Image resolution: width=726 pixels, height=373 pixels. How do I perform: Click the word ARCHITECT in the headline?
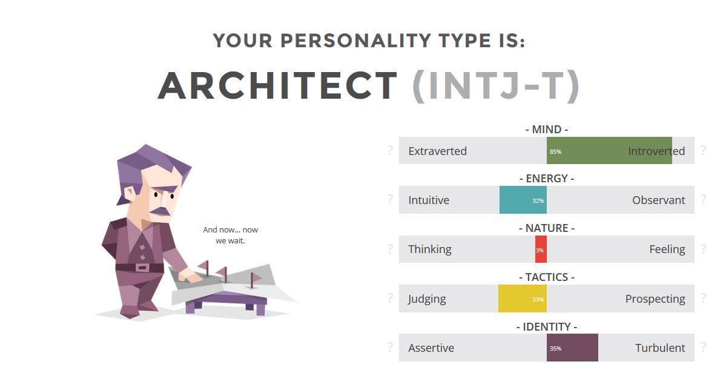coord(277,85)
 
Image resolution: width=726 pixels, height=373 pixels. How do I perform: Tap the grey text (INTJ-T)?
coord(496,86)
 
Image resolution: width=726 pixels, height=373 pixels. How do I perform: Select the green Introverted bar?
coord(609,150)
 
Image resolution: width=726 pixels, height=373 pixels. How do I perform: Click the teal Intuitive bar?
coord(523,200)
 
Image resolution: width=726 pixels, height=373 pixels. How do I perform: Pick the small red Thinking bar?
coord(541,249)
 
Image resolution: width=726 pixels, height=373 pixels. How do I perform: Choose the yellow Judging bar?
coord(523,299)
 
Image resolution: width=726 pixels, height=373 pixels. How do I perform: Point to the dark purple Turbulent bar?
coord(572,348)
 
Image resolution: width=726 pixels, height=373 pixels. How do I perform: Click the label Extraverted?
coord(438,151)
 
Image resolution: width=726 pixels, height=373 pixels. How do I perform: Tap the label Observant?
coord(658,200)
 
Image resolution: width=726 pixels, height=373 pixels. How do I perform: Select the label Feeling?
coord(667,249)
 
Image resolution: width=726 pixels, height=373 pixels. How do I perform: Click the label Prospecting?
coord(655,299)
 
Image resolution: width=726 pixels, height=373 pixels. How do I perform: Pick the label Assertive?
coord(431,348)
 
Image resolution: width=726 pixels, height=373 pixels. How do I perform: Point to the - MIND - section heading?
coord(547,129)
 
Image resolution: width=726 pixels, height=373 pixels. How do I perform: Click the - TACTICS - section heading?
coord(547,277)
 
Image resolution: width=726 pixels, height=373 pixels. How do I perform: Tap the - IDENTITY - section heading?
coord(547,326)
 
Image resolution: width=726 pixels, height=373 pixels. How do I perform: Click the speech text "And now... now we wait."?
coord(230,235)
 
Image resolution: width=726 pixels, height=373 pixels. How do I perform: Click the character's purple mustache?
coord(160,211)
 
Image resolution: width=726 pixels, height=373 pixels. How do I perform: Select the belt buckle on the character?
coord(142,268)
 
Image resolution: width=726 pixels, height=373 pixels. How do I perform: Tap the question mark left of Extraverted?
coord(390,150)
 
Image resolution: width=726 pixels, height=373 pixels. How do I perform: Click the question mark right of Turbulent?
coord(704,347)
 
